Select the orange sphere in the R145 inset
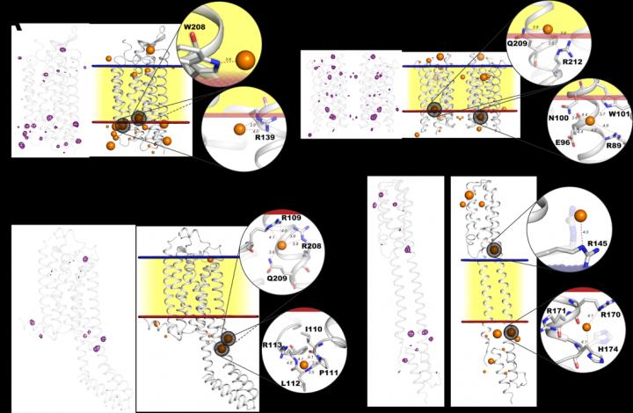point(579,214)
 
